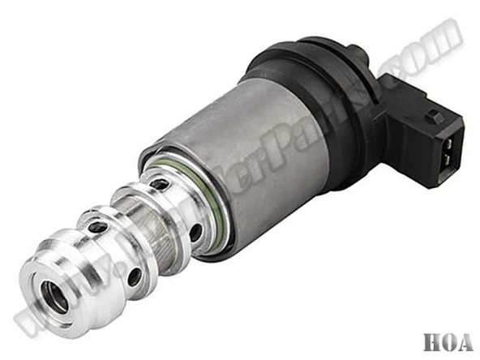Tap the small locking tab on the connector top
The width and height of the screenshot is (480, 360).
[436, 116]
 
